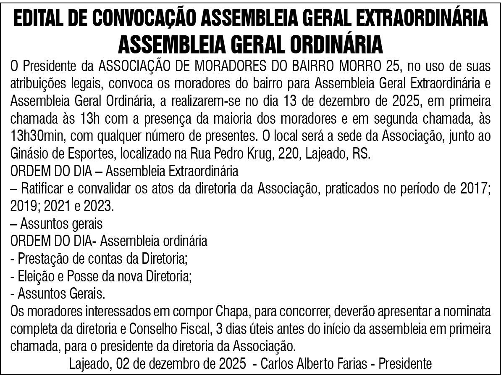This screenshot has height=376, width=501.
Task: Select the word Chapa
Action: [233, 312]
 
